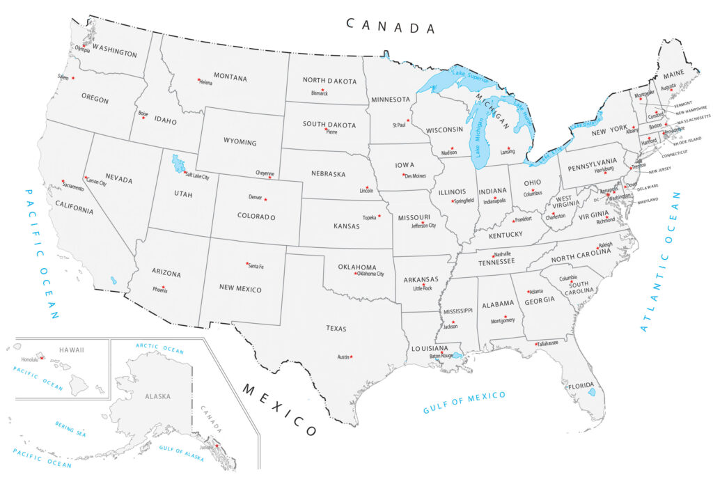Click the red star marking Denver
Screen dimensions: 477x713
click(x=265, y=200)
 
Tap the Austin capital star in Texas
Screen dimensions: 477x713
click(x=352, y=357)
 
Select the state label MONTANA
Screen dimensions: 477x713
click(x=230, y=78)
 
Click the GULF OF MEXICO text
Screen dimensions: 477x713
click(x=464, y=403)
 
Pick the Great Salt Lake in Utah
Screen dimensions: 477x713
click(x=178, y=164)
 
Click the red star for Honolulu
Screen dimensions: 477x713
click(x=42, y=358)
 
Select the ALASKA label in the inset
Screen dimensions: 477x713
click(x=157, y=396)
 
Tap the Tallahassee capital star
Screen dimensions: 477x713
click(x=536, y=344)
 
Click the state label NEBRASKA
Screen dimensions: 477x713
click(x=329, y=174)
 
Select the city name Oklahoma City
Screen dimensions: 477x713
click(x=370, y=274)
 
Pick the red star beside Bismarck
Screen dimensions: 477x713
click(x=322, y=89)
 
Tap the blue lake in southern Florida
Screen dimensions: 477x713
click(x=592, y=392)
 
